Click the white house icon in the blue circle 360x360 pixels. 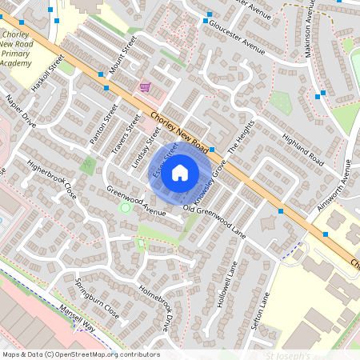pos(180,172)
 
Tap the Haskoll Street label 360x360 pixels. pos(47,73)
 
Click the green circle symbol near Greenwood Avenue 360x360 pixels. pos(125,208)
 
